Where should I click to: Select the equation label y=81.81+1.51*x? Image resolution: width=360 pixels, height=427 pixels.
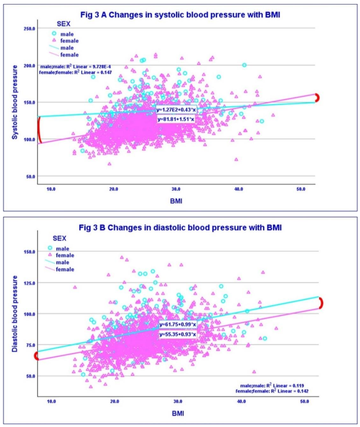(176, 119)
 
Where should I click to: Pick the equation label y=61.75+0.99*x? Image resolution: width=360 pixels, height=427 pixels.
(178, 325)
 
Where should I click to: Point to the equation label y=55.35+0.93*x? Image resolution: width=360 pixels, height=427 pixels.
(178, 335)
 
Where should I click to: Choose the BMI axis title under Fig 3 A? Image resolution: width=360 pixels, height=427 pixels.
(176, 201)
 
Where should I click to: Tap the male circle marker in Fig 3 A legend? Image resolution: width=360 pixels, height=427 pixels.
(54, 34)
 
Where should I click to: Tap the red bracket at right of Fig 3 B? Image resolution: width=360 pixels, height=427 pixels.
(320, 303)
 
